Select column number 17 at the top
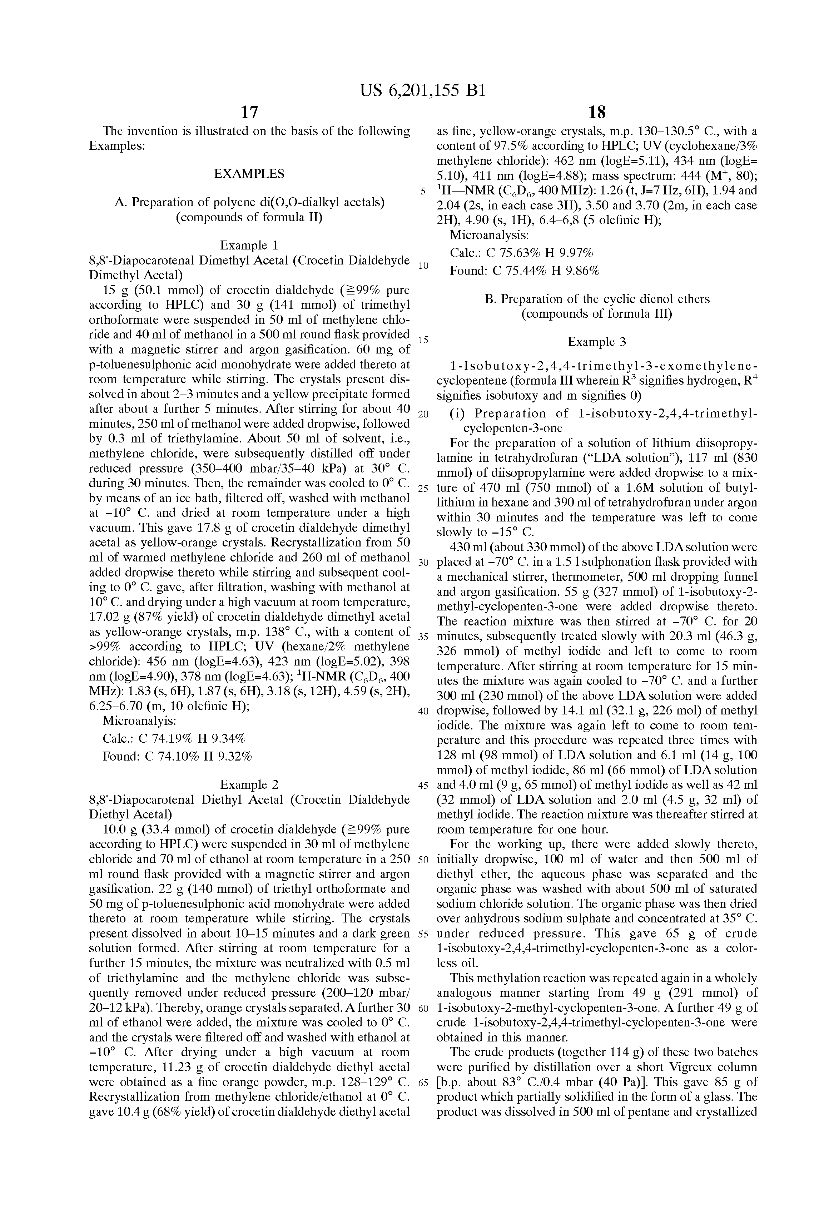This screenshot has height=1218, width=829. pos(249,112)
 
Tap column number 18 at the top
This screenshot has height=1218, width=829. pos(597,112)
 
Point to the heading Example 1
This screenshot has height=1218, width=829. pos(249,245)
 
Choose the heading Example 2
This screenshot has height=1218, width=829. pos(249,784)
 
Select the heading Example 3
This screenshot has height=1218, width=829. pos(597,342)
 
